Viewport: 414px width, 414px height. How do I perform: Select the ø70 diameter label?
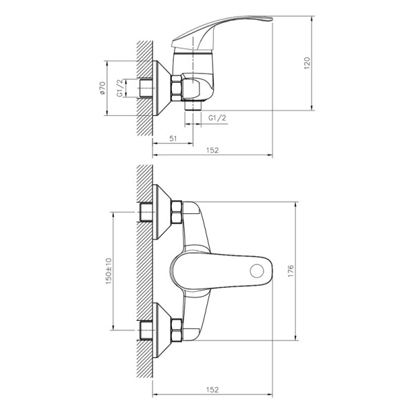click(103, 89)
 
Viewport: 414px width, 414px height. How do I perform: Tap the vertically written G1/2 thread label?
click(120, 89)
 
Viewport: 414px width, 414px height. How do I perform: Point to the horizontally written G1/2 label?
click(217, 119)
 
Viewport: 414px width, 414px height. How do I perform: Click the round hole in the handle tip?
click(259, 270)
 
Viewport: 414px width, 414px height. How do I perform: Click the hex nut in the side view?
click(177, 89)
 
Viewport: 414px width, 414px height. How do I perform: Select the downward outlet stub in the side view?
click(193, 108)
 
